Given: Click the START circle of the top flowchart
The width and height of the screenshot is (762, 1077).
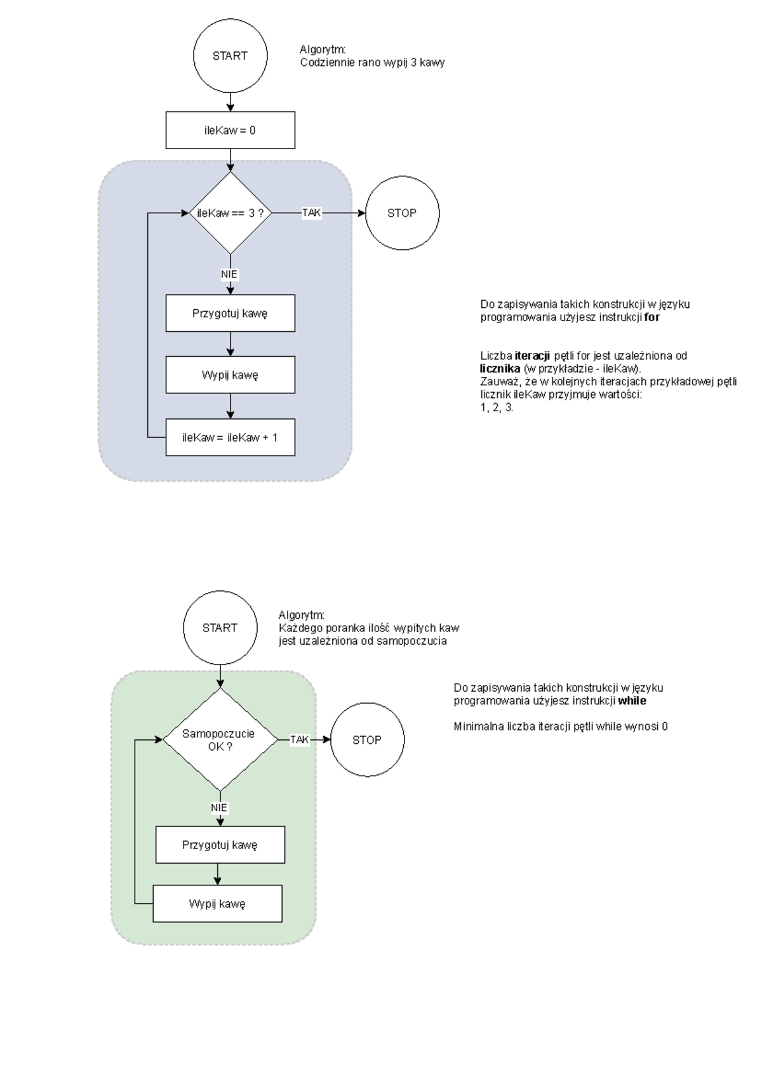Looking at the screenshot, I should tap(230, 56).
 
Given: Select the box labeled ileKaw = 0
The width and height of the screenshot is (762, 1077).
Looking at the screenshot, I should tap(230, 130).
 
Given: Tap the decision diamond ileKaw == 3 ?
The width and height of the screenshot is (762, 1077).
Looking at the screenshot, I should tap(230, 213).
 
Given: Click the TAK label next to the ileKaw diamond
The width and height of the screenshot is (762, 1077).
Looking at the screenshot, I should tap(311, 213).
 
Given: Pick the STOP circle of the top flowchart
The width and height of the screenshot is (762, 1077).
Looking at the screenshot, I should tap(402, 213).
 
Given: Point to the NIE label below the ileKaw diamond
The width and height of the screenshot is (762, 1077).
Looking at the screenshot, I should tap(229, 274).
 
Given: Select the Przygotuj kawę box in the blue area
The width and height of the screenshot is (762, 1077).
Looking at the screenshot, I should tap(230, 313).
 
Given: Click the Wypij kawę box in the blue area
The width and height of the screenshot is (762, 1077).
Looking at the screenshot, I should tap(230, 374).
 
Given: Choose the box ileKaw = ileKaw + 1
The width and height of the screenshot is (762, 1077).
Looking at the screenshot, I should tap(230, 437).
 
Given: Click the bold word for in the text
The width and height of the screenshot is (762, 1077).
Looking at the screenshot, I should tap(652, 317).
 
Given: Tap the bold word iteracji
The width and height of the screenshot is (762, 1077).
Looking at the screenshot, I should tap(532, 356).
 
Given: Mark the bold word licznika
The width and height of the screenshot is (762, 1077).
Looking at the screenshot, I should tap(500, 369).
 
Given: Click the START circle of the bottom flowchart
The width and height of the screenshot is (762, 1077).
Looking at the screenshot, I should tap(220, 628).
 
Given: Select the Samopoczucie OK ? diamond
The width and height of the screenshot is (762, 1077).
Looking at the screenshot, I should tap(220, 740).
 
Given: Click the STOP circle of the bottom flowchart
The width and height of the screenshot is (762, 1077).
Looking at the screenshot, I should tap(367, 740).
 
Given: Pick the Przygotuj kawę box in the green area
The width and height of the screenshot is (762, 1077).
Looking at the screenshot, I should tap(220, 845).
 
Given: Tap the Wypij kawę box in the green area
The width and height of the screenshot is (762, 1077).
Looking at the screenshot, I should tap(217, 904).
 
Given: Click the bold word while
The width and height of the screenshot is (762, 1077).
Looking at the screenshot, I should tap(632, 701).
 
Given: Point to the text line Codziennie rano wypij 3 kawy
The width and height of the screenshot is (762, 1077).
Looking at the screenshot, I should tap(372, 63).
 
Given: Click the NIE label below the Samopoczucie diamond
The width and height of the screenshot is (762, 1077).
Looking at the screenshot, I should tap(219, 808).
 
